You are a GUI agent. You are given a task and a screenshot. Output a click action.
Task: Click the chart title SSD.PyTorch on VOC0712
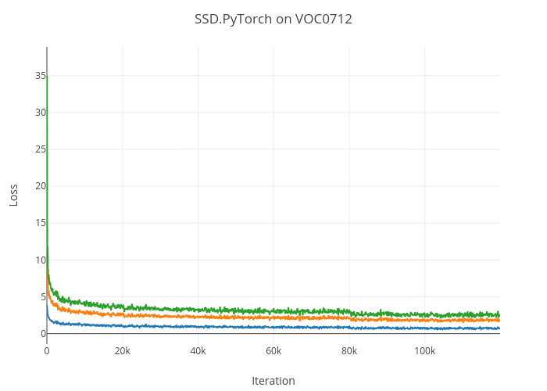273,19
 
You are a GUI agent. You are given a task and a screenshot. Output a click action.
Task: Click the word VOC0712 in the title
324,19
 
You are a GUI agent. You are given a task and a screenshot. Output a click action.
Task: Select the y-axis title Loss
13,195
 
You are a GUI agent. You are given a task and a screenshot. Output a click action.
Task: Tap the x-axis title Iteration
273,381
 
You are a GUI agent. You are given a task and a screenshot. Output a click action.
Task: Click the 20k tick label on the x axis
122,350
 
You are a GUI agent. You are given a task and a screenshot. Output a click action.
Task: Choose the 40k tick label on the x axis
198,350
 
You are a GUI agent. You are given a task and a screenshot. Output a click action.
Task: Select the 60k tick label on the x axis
273,350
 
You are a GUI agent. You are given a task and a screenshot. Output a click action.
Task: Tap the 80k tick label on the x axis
349,350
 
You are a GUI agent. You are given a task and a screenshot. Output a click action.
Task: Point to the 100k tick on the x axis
424,350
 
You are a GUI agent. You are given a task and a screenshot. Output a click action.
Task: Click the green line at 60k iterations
273,311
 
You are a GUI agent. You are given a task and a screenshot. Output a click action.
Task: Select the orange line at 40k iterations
198,317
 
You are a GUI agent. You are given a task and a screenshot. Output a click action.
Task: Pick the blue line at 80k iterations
349,328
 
